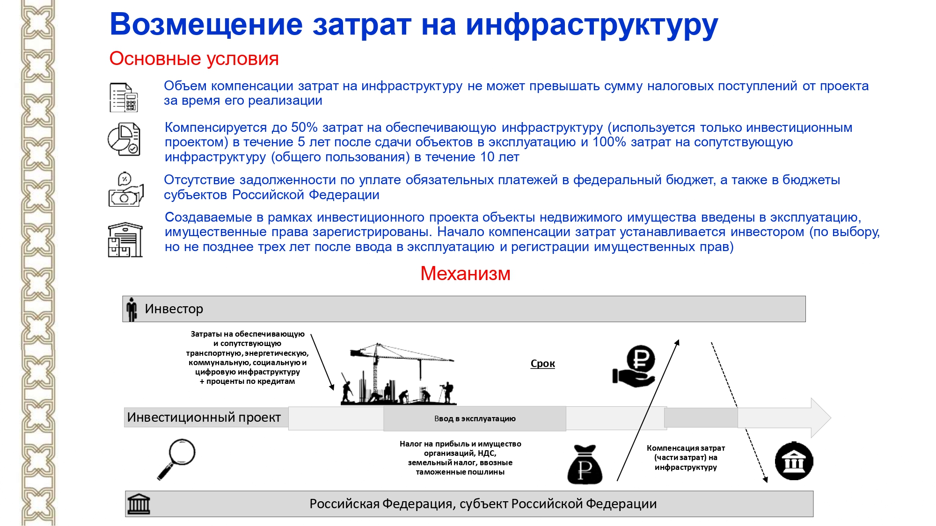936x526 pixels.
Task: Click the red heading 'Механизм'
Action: pos(465,274)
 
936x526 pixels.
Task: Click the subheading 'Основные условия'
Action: pos(194,59)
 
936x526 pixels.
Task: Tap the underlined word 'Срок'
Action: pos(542,364)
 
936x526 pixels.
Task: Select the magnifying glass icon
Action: pos(176,459)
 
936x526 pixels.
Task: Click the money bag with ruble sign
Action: pos(585,465)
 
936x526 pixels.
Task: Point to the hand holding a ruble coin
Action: pos(635,367)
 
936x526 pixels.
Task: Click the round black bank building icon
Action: pos(794,461)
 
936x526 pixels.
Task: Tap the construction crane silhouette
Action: pos(398,374)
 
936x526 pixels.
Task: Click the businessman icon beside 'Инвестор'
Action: pos(132,309)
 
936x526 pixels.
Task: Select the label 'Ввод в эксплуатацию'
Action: pos(475,419)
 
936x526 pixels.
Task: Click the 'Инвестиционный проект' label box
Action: pos(204,417)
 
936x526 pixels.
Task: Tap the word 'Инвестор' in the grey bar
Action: pos(174,309)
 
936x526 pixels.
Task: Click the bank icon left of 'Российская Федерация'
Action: pos(139,504)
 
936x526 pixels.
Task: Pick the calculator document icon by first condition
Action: pos(124,97)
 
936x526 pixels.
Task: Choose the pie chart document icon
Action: pos(124,139)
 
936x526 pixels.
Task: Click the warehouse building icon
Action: pos(125,240)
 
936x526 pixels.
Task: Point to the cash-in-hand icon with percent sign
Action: pos(125,190)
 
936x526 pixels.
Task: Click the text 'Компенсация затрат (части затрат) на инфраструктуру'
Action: pos(686,458)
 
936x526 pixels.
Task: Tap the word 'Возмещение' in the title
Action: pos(206,24)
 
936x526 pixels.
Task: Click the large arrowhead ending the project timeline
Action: pos(820,418)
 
